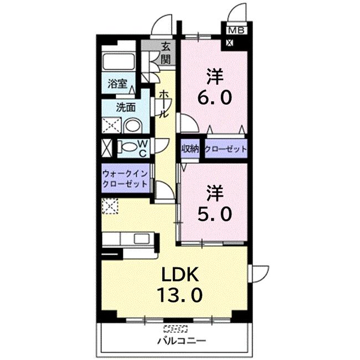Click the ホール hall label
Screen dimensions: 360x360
164,105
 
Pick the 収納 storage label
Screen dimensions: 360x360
189,149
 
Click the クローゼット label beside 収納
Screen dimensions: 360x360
225,149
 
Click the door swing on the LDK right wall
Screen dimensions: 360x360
257,274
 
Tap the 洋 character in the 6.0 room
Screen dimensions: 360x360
215,75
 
